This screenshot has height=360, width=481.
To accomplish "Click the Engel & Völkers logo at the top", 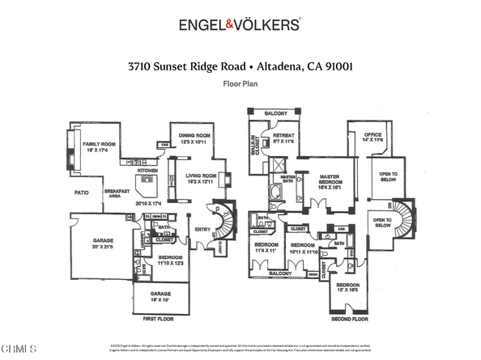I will click(240, 25).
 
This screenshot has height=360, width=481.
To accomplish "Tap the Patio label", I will click(81, 193).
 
